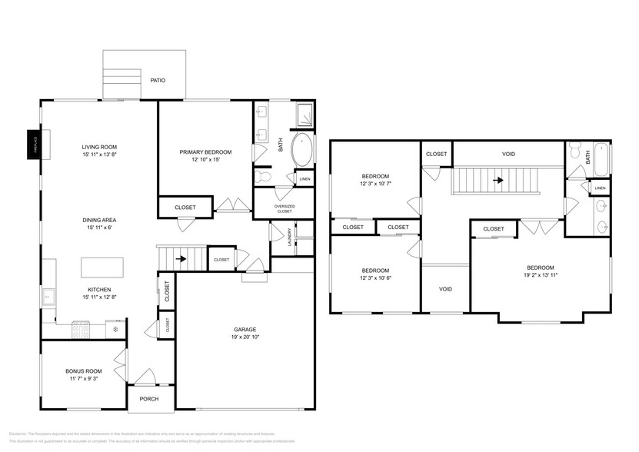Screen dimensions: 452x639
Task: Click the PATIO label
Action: click(158, 80)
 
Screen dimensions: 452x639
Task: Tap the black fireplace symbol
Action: click(34, 144)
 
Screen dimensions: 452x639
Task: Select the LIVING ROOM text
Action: click(98, 146)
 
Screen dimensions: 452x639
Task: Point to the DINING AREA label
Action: click(99, 220)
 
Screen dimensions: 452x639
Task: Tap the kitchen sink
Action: click(48, 294)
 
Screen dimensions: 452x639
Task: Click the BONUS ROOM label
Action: click(83, 371)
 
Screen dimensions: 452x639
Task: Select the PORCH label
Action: click(149, 399)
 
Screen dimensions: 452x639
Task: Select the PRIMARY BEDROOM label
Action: click(205, 152)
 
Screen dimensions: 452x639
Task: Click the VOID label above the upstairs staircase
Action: click(508, 154)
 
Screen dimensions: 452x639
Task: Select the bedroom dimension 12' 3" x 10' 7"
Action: click(374, 184)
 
